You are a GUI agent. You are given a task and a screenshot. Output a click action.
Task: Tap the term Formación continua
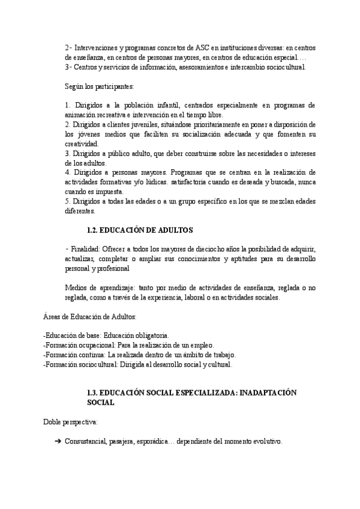69,355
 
